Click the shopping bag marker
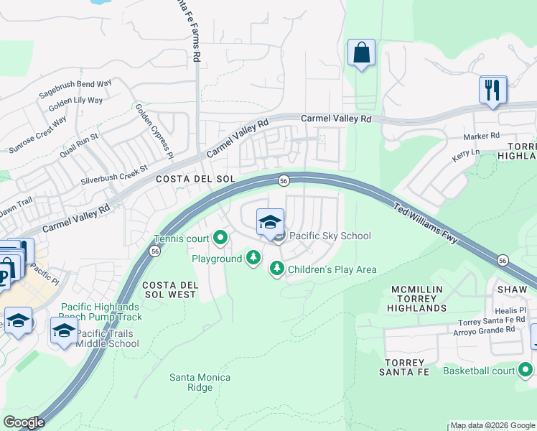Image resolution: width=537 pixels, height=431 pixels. tap(361, 53)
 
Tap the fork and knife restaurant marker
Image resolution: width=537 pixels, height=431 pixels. tap(493, 91)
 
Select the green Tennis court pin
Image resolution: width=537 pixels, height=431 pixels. tap(220, 238)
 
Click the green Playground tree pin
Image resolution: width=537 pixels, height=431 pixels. tap(253, 258)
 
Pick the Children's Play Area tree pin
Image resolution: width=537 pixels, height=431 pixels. tap(276, 269)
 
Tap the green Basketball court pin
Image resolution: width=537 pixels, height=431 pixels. tap(526, 371)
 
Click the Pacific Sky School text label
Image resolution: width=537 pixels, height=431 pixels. tap(330, 236)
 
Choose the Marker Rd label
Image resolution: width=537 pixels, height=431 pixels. tap(481, 136)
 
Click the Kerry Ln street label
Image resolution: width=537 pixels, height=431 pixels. tap(466, 153)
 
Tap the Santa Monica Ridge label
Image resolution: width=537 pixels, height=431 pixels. tap(200, 382)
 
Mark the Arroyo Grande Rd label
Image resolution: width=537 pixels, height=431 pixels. tap(484, 330)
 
